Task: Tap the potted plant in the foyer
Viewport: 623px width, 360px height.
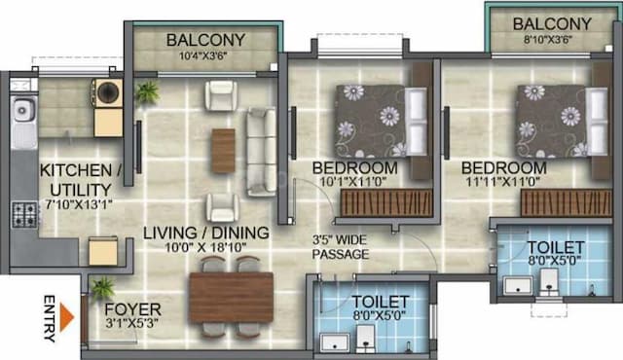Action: click(x=102, y=287)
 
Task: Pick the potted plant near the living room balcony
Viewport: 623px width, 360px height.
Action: click(x=148, y=93)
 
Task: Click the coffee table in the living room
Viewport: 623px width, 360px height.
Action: click(x=224, y=151)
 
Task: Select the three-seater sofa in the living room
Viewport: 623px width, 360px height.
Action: click(x=261, y=151)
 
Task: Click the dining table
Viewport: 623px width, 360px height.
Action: click(x=231, y=297)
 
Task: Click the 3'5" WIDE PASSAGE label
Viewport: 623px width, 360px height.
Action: click(x=340, y=246)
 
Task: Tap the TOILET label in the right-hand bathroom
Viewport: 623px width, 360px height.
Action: click(x=556, y=247)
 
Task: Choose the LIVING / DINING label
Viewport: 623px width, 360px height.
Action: click(x=204, y=233)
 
